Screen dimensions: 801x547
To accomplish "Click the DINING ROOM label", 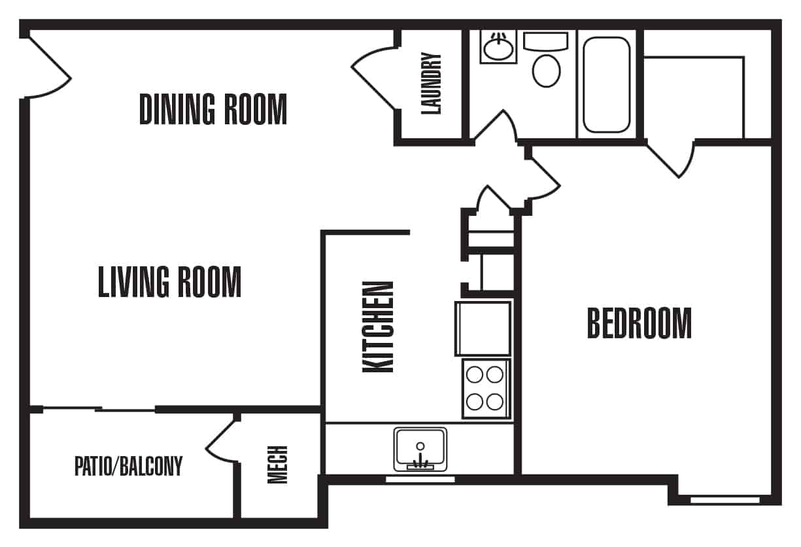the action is coord(213,109).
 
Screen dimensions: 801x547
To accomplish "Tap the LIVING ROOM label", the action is coord(170,282).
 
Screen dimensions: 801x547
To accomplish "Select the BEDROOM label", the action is coord(639,323).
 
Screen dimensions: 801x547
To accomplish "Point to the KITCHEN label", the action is coord(378,327).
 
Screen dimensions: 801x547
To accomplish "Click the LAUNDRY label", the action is coord(432,84).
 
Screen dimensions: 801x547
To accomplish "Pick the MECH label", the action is coord(277,465).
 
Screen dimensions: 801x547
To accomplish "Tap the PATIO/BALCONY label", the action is coord(128,466).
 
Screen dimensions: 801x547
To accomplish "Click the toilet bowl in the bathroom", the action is coord(547,71).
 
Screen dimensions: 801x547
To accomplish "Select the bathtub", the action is coord(607,85).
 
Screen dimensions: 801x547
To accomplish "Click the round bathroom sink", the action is coord(498,47).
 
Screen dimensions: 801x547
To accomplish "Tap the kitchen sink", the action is coord(420,450).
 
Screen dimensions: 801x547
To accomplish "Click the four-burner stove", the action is coord(485,389).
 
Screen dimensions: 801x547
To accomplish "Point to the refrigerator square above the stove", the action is coord(483,329).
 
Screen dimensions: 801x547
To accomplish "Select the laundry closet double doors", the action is coord(375,78).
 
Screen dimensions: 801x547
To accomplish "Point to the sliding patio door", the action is coord(99,409).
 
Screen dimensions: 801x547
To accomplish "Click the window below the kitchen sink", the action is coord(420,480).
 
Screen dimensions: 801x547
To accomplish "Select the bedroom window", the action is coord(725,500).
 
